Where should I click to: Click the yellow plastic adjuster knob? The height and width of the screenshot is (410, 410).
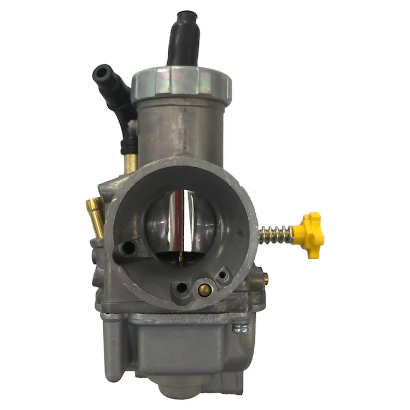coord(310,234)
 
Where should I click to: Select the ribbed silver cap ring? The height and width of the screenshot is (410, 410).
coord(181,85)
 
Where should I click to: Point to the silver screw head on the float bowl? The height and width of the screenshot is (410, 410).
coord(238,328)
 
